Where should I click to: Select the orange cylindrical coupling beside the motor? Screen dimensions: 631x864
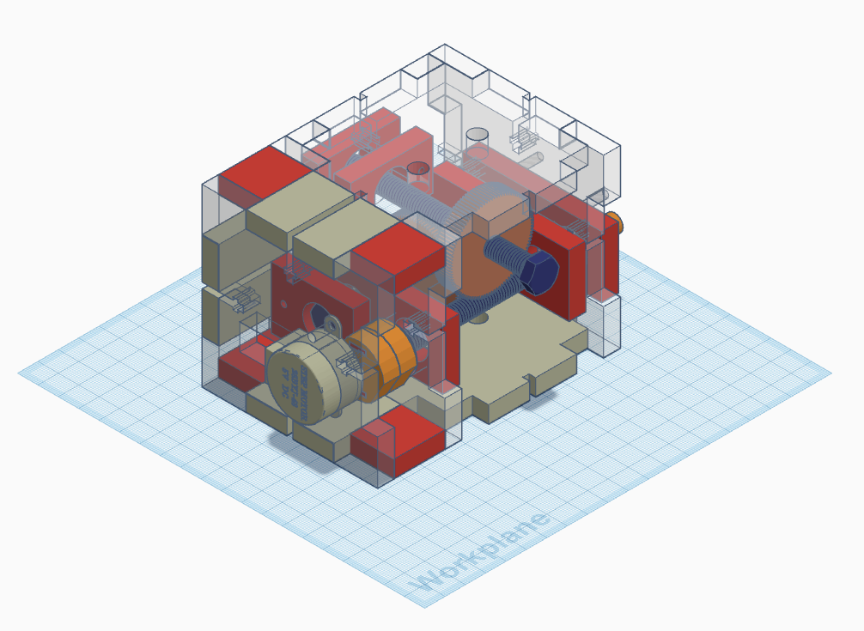coord(385,361)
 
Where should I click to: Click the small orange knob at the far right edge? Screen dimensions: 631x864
coord(615,225)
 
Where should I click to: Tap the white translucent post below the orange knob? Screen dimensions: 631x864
coord(605,322)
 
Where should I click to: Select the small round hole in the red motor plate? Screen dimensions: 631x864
coord(286,301)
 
